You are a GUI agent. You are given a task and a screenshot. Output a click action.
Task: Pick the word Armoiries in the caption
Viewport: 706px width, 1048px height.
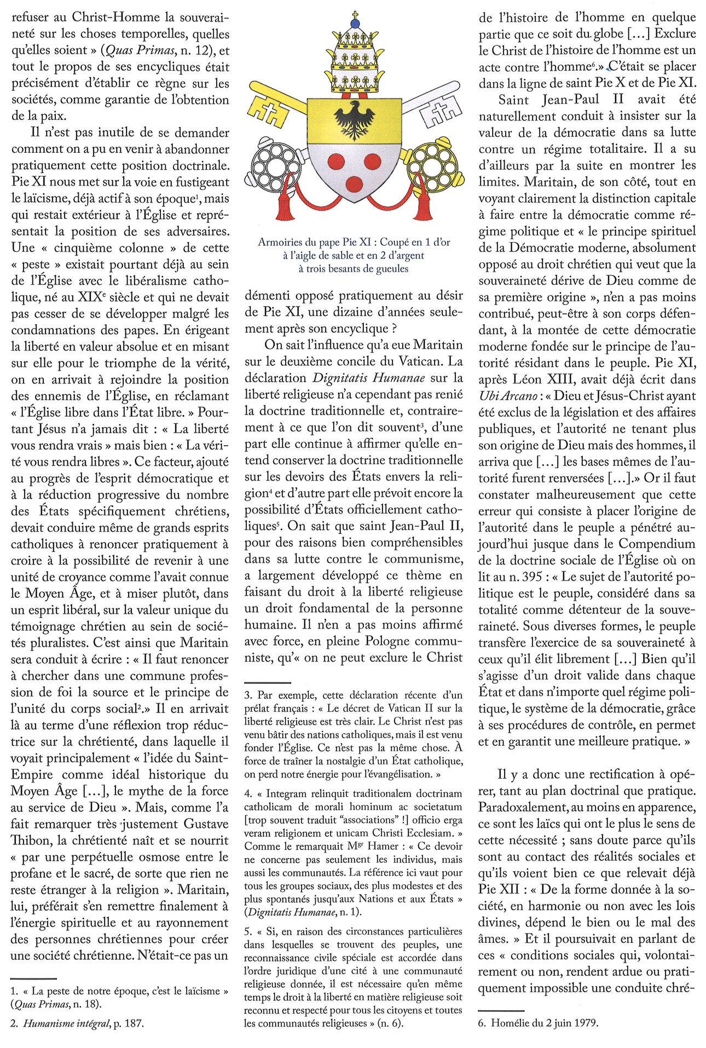(x=280, y=242)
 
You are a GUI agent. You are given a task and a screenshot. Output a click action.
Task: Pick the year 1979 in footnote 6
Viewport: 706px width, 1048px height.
(x=586, y=1022)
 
